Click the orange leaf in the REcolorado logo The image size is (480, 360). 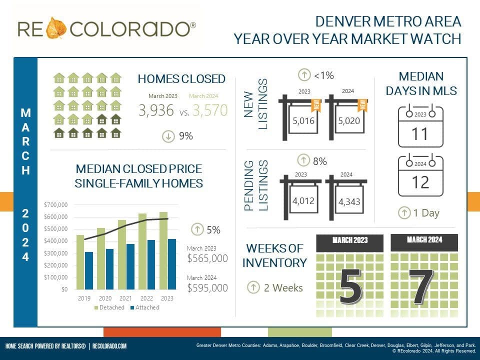[56, 28]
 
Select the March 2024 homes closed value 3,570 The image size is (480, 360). [209, 110]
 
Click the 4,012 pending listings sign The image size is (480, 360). [302, 201]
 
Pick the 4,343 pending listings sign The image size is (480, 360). [348, 202]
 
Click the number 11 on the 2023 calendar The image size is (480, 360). [420, 134]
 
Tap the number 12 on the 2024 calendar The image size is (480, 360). [420, 182]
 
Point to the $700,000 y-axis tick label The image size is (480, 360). [55, 205]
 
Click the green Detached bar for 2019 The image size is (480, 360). [80, 262]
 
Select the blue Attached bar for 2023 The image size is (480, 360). [172, 264]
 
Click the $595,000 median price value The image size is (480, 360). [207, 288]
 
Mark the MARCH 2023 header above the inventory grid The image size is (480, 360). [350, 240]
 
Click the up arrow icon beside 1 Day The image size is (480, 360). [404, 212]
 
